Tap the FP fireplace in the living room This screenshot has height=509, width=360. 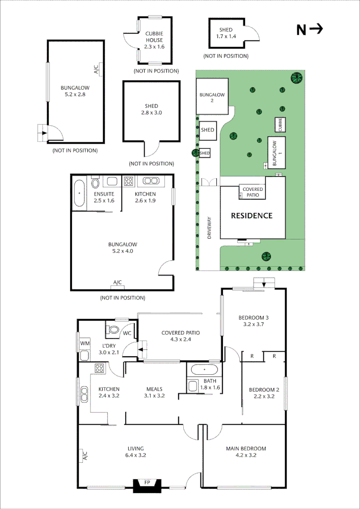147,484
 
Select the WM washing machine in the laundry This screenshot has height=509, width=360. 85,343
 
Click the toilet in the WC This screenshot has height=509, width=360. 113,329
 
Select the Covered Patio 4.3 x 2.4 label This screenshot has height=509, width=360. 180,336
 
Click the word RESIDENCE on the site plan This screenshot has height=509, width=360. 251,216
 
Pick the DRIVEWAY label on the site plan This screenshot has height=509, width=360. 210,228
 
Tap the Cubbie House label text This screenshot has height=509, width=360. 154,37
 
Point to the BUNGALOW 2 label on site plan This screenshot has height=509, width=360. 212,97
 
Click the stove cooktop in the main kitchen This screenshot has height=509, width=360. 99,368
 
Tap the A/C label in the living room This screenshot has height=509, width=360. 85,456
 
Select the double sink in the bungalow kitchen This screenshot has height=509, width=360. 151,181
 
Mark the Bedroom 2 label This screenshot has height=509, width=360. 264,393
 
